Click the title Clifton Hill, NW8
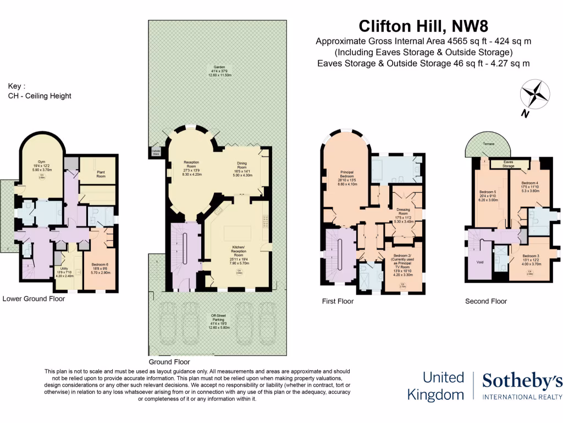coord(423,26)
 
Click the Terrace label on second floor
coord(488,144)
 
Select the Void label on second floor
coord(480,262)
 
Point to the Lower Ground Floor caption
coord(34,299)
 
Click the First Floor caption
coord(338,301)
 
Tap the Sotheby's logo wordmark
coord(522,381)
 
